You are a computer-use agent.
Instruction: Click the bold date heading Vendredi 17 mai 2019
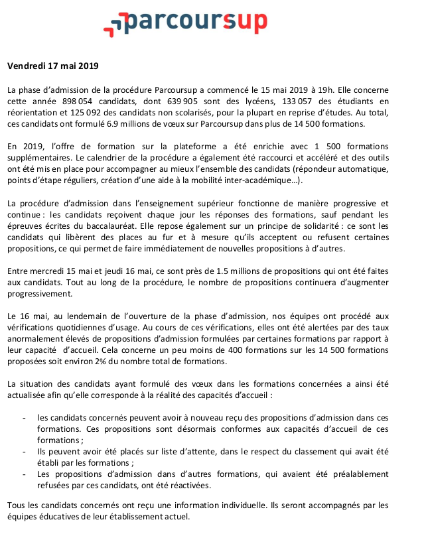tap(52, 66)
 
